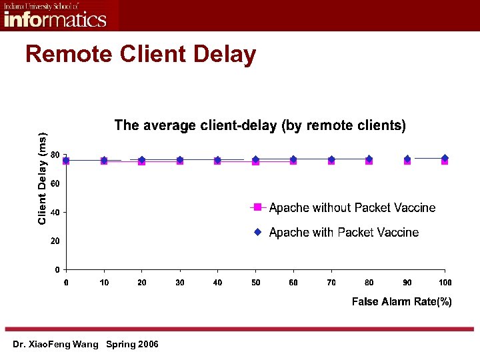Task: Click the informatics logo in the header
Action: point(55,15)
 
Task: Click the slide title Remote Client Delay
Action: point(141,54)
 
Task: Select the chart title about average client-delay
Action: point(260,125)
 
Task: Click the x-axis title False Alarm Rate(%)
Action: point(401,302)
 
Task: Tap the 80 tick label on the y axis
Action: point(55,155)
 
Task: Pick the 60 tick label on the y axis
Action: point(55,183)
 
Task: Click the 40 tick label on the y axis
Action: point(55,212)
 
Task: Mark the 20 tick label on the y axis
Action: point(55,241)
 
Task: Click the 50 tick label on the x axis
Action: point(256,283)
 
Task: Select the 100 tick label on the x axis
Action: point(445,283)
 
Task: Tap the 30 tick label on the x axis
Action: point(180,283)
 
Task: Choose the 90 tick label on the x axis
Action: point(407,283)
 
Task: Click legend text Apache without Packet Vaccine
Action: point(352,208)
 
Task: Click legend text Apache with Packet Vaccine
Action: point(344,233)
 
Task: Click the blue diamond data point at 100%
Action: point(445,158)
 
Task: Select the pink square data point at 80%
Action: point(369,161)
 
